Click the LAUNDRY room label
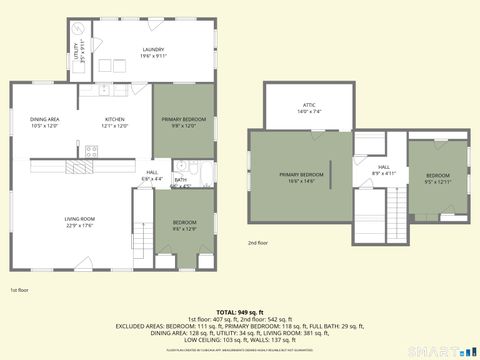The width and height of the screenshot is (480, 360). [153, 49]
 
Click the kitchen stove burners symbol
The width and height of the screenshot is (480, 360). [91, 151]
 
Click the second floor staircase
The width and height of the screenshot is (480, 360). [397, 212]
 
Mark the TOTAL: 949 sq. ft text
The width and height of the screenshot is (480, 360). [239, 313]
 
